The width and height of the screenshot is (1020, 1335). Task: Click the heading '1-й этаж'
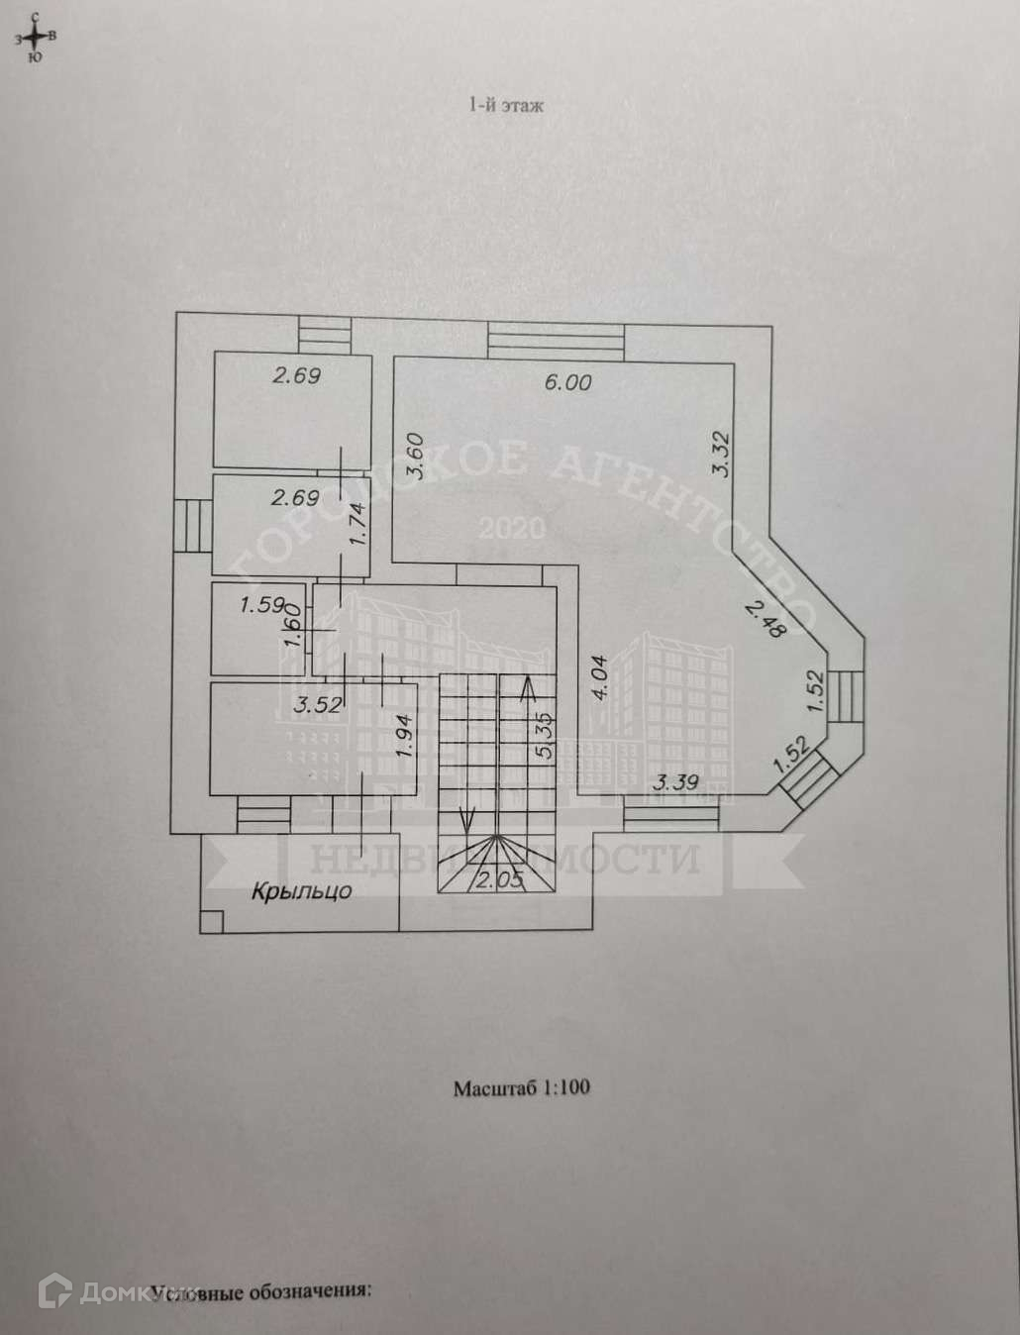[x=505, y=105]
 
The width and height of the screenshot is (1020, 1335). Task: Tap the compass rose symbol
[x=36, y=37]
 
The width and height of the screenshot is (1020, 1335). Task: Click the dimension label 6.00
[x=566, y=382]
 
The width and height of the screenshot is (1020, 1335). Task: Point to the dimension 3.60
[x=415, y=458]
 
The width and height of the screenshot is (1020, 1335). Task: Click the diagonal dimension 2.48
[x=765, y=619]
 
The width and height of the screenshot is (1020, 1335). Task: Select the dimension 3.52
[x=317, y=705]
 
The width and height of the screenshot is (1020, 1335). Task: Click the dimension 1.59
[x=262, y=604]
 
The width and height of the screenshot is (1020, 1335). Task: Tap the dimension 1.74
[x=358, y=525]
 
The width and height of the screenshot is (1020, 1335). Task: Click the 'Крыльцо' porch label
[x=301, y=891]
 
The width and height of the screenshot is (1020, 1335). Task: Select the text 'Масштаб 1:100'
[x=521, y=1087]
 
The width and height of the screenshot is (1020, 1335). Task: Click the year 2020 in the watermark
[x=511, y=527]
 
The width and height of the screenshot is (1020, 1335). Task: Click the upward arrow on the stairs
[x=529, y=688]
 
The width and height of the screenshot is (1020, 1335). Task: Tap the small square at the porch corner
[x=210, y=922]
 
